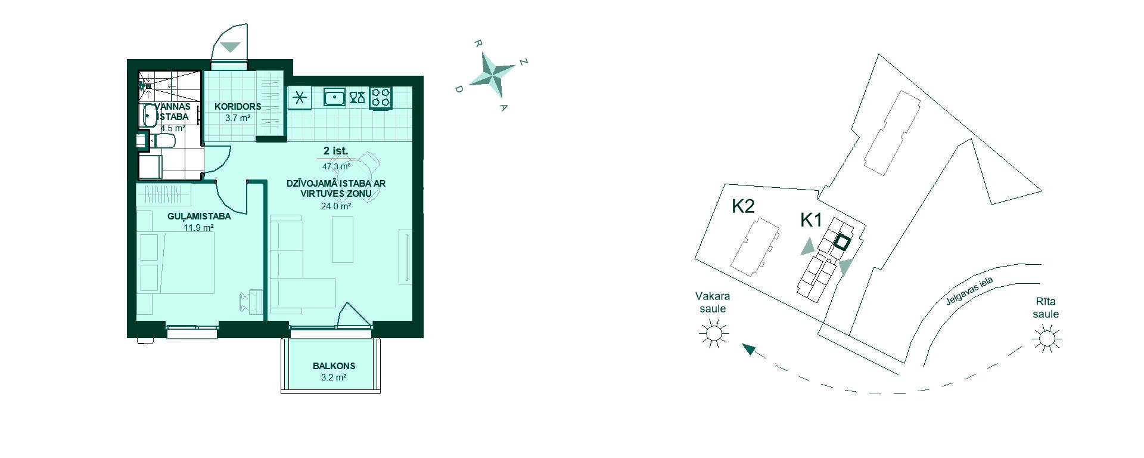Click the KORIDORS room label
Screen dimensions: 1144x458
pyautogui.click(x=238, y=107)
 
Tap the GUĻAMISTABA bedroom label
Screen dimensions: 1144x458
pyautogui.click(x=199, y=216)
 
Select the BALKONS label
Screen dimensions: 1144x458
pyautogui.click(x=334, y=366)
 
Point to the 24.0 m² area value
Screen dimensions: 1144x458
pyautogui.click(x=336, y=206)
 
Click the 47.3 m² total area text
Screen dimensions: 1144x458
pyautogui.click(x=336, y=167)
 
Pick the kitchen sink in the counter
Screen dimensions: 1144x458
pyautogui.click(x=335, y=97)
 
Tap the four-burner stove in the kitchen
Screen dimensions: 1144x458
pyautogui.click(x=381, y=98)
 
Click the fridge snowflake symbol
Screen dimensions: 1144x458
pyautogui.click(x=299, y=97)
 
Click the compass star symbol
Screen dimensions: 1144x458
pyautogui.click(x=492, y=75)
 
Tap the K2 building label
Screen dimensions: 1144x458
pyautogui.click(x=743, y=206)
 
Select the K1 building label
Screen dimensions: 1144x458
pyautogui.click(x=811, y=220)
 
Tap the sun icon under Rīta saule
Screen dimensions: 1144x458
pyautogui.click(x=1047, y=339)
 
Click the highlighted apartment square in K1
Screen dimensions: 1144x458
pyautogui.click(x=841, y=242)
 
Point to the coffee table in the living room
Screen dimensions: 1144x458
pyautogui.click(x=343, y=239)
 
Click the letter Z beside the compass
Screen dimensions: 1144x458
pyautogui.click(x=524, y=62)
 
